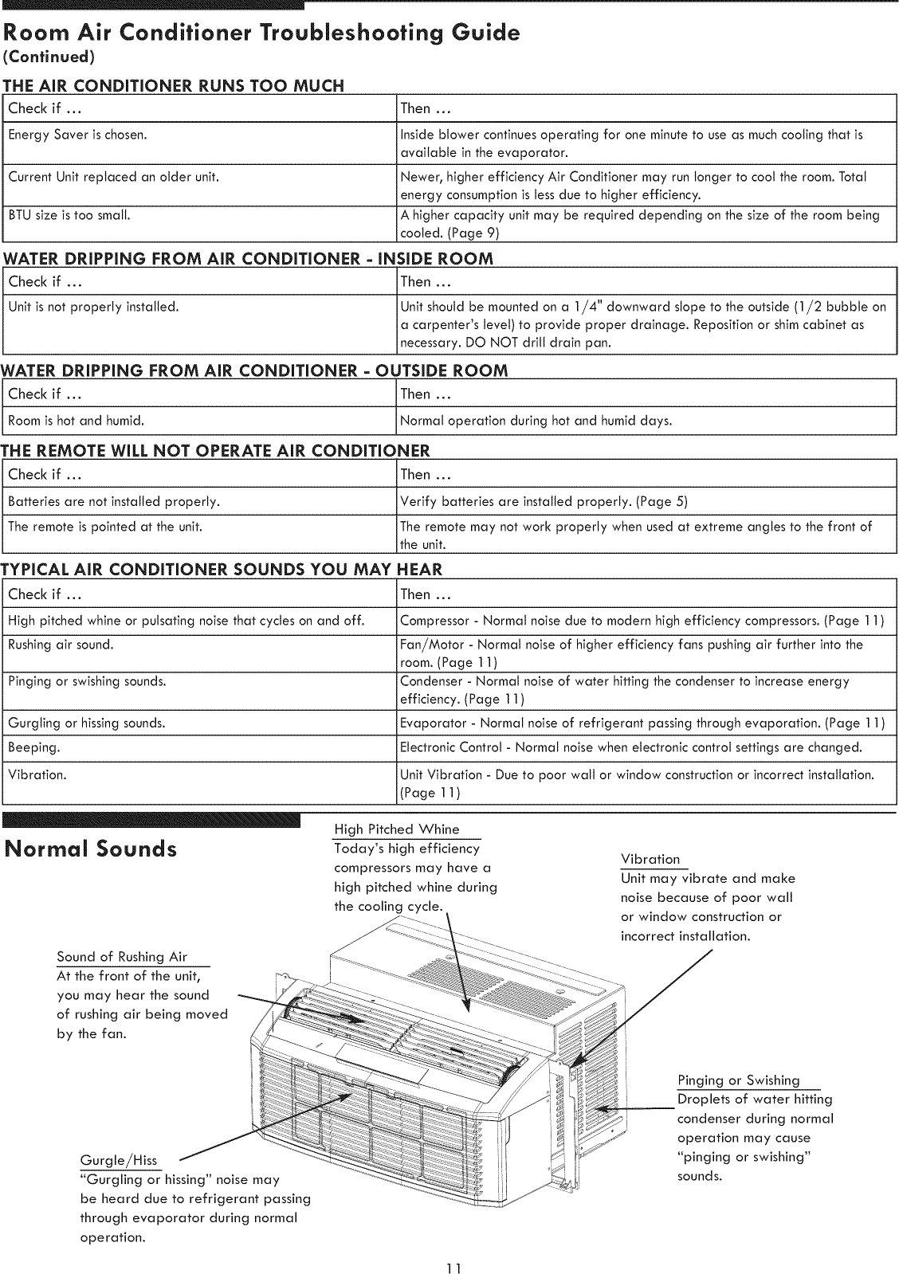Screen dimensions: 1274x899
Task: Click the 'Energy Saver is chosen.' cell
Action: (77, 135)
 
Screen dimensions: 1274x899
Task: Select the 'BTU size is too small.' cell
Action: (69, 215)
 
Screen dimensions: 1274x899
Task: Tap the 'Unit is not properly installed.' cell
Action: (93, 307)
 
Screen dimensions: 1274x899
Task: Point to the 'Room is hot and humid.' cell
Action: (76, 420)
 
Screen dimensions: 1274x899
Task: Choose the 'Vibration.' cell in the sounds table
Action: (37, 774)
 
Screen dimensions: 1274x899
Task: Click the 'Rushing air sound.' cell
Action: (61, 645)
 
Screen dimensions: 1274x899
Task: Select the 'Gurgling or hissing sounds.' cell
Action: (87, 723)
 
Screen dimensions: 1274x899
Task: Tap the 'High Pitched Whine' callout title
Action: (397, 829)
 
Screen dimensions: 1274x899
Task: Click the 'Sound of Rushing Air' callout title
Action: (122, 957)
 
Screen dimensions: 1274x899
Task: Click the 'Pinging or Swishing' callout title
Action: (738, 1080)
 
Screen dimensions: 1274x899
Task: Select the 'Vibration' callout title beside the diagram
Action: (650, 859)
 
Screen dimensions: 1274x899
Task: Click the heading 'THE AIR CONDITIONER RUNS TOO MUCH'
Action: (174, 86)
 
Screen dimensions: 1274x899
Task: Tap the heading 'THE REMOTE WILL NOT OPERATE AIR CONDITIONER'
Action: (215, 451)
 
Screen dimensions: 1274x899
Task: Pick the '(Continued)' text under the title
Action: (49, 57)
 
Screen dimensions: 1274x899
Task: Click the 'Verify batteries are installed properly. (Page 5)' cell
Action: (544, 501)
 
